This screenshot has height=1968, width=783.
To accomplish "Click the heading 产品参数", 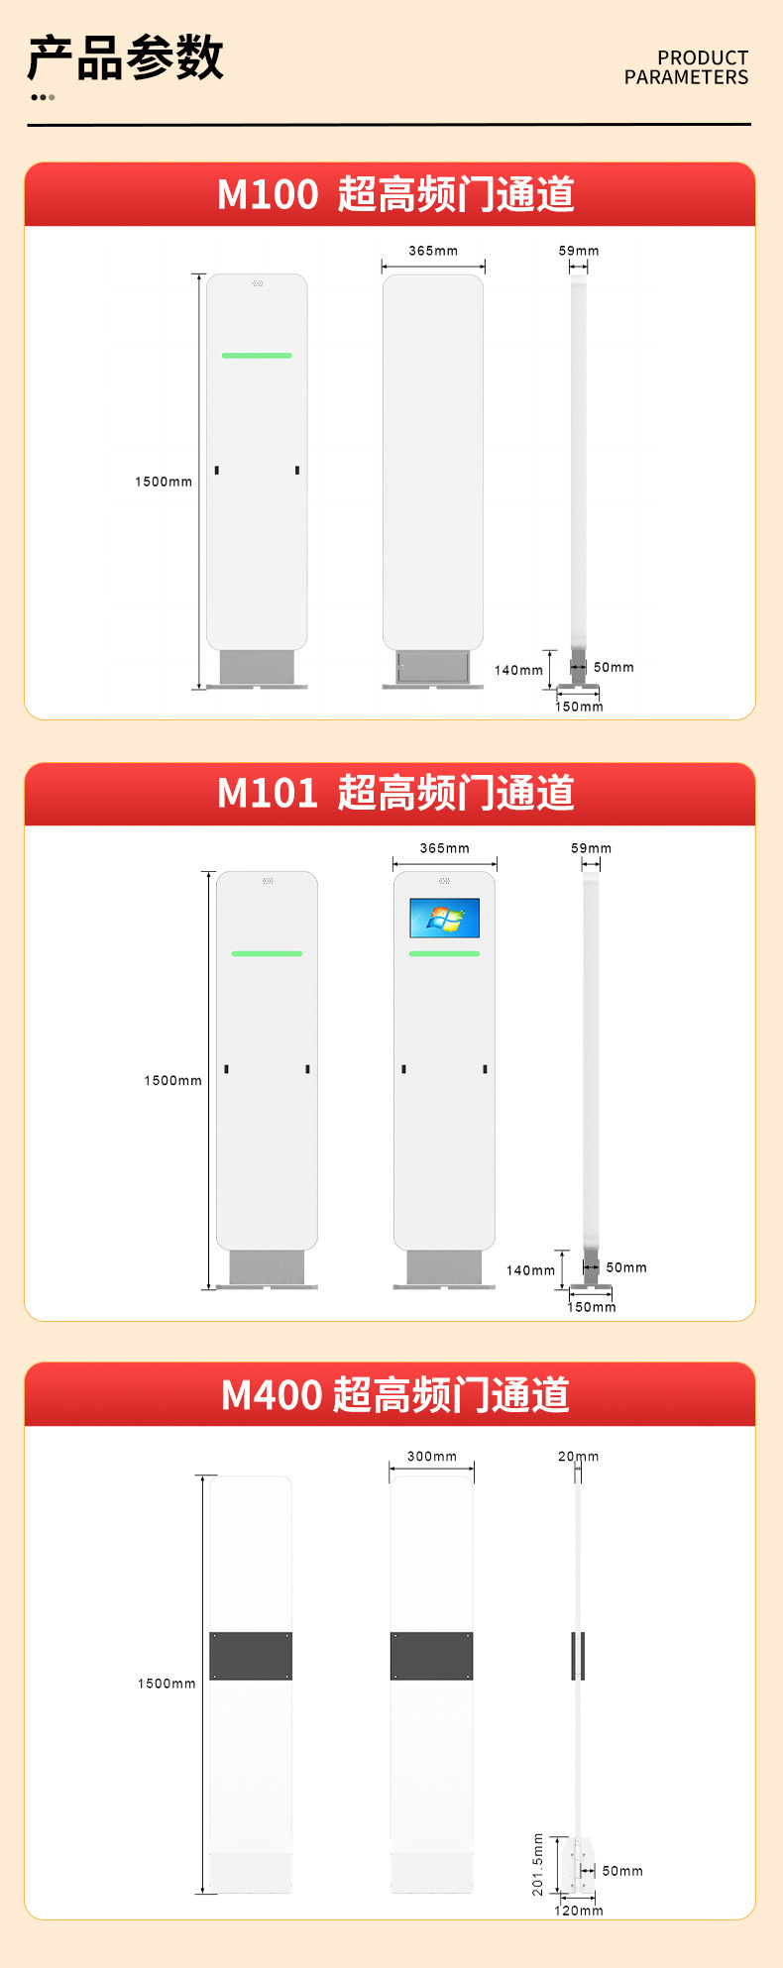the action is [x=126, y=57].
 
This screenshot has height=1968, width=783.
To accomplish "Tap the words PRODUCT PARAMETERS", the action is [x=686, y=67].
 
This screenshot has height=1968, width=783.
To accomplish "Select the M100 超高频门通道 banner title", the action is [x=395, y=194].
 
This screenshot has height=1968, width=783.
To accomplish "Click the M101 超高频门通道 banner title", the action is [x=395, y=793].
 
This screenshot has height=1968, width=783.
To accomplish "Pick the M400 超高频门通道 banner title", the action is [x=395, y=1394].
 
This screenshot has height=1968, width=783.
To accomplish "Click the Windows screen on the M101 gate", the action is [x=444, y=918].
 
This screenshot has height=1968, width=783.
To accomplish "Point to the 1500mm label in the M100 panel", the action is [x=164, y=482].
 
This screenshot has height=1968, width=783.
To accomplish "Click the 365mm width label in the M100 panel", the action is [x=433, y=251].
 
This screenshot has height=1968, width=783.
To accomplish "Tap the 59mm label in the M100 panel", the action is [x=579, y=251].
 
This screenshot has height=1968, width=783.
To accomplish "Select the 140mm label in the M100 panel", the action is [x=518, y=670].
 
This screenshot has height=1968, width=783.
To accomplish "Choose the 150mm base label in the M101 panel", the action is [x=591, y=1307].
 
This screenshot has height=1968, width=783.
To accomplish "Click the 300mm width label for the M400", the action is [x=432, y=1456].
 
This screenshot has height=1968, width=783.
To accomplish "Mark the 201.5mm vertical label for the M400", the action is [x=538, y=1864].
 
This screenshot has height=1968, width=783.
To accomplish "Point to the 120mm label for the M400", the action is [x=579, y=1911].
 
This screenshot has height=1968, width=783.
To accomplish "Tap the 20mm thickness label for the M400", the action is [x=579, y=1456].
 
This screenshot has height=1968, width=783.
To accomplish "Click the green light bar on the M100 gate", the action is [x=257, y=355].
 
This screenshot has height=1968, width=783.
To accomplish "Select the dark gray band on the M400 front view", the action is [x=251, y=1656].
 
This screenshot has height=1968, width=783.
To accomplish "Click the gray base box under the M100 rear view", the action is [x=433, y=667].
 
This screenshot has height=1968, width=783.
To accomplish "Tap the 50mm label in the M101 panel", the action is [x=626, y=1267].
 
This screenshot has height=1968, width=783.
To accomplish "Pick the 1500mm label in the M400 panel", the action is [x=167, y=1684].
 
